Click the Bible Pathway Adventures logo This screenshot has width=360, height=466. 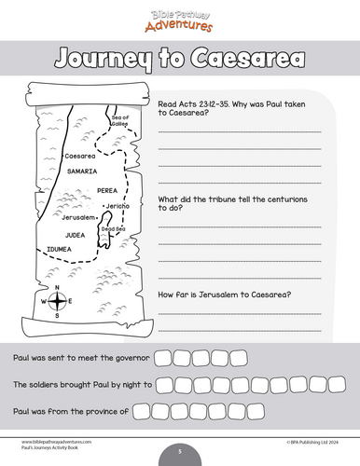point(179,18)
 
